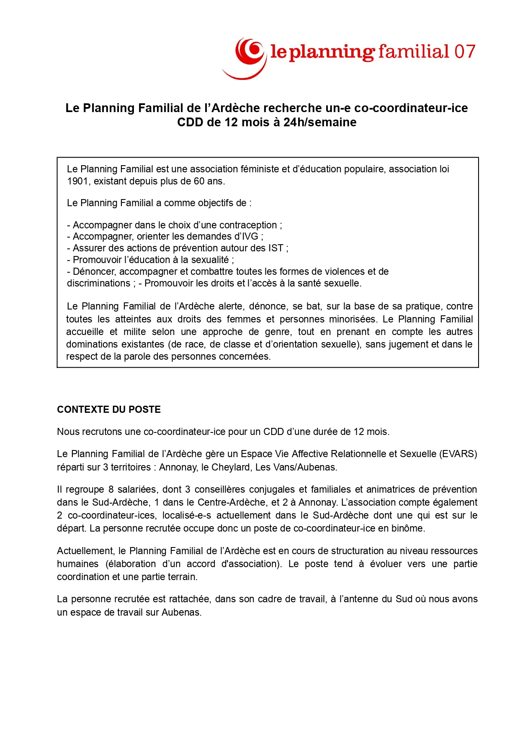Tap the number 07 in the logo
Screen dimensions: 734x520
tap(465, 51)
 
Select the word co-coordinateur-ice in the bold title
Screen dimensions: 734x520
tap(411, 108)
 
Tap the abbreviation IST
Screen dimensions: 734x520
tap(276, 248)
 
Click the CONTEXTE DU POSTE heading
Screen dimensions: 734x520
tap(109, 409)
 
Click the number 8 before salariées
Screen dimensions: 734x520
tap(111, 489)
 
